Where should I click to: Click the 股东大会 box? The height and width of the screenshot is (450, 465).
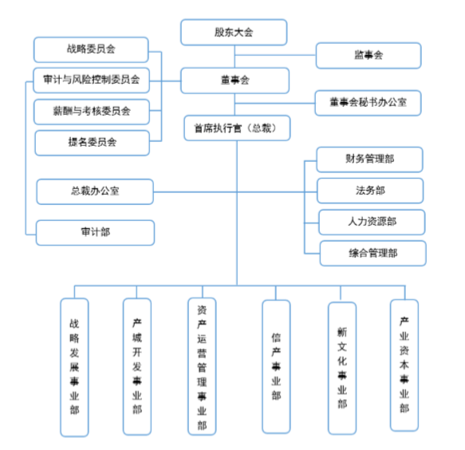(x=234, y=33)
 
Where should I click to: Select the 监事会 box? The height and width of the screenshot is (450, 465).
(x=368, y=55)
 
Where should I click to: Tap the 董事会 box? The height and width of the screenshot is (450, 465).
(x=234, y=81)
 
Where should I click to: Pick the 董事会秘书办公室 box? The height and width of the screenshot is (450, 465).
(x=368, y=102)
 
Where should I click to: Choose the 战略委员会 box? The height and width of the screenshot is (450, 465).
(x=91, y=49)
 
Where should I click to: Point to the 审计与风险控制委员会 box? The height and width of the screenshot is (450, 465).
(x=91, y=80)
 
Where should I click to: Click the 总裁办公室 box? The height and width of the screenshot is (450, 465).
(x=95, y=191)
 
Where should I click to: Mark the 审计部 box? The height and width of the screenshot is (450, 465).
(x=95, y=232)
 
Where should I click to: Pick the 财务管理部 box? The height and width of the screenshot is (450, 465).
(x=369, y=160)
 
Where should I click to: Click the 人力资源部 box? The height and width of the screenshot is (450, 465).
(x=372, y=222)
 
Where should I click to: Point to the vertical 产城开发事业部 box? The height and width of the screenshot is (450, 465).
(x=137, y=367)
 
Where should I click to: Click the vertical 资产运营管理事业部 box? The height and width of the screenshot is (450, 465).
(x=202, y=367)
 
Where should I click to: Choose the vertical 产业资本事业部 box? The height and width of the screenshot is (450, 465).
(x=404, y=365)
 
